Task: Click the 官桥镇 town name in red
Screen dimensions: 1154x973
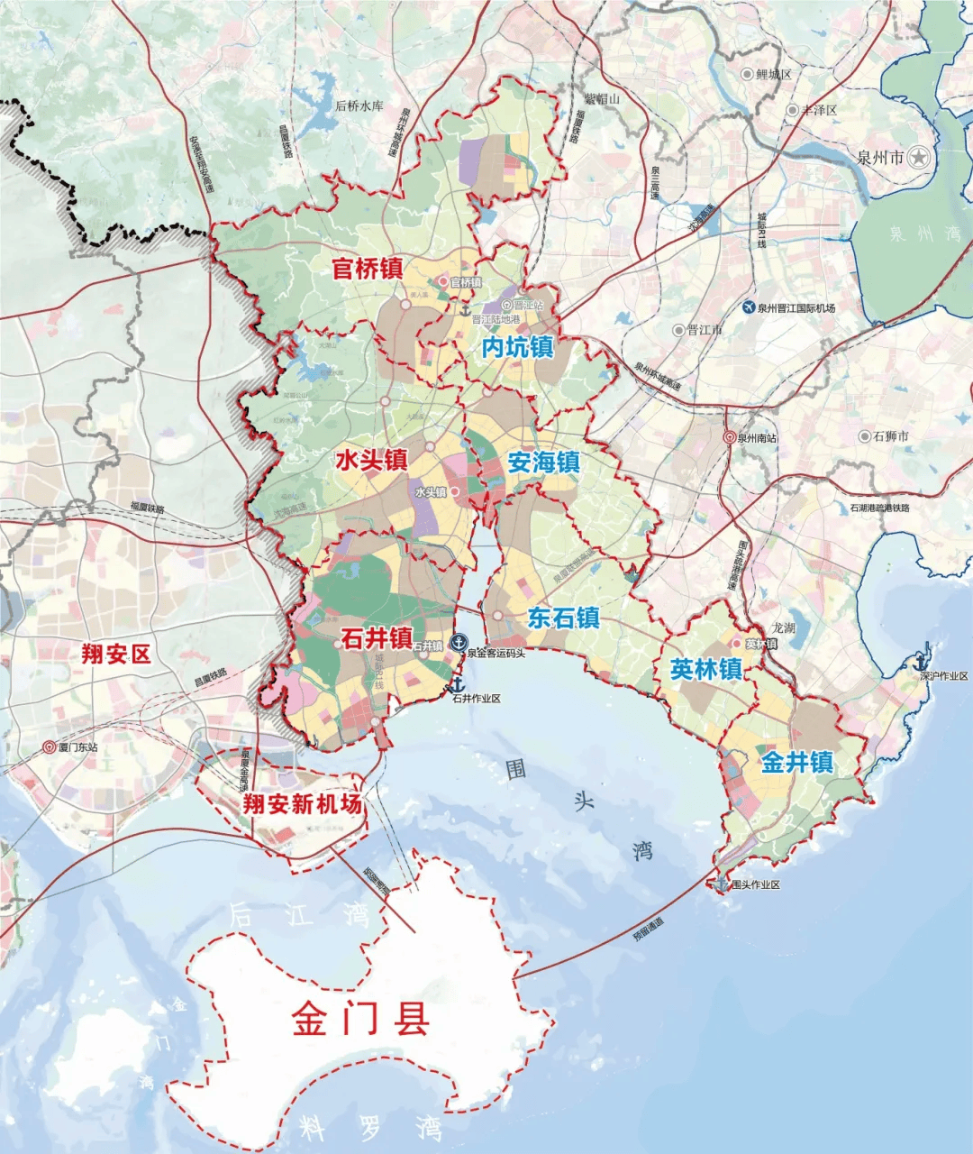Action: [x=367, y=268]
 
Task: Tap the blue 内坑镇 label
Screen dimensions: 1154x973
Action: [x=517, y=347]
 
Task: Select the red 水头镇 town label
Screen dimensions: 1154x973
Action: [x=371, y=460]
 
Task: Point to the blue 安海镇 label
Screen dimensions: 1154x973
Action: [x=543, y=463]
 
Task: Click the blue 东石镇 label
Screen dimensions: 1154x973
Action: [x=563, y=618]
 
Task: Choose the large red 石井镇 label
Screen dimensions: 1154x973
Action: [x=377, y=638]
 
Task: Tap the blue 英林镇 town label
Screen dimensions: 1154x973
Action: [x=705, y=669]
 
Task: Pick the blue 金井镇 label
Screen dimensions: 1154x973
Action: [x=796, y=762]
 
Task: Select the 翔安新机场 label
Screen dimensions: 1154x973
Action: [x=302, y=803]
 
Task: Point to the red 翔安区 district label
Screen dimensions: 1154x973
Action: [x=116, y=654]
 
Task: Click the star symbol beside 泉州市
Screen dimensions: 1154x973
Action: [x=918, y=158]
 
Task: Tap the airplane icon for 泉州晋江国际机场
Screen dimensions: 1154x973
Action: [x=749, y=307]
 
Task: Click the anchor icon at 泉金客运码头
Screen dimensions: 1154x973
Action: [x=459, y=643]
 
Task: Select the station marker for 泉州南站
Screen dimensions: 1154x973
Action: [x=730, y=438]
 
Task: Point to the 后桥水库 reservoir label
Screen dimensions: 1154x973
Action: [x=359, y=105]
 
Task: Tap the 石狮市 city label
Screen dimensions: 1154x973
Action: [x=890, y=436]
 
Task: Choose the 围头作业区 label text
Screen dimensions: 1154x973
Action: [x=756, y=884]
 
